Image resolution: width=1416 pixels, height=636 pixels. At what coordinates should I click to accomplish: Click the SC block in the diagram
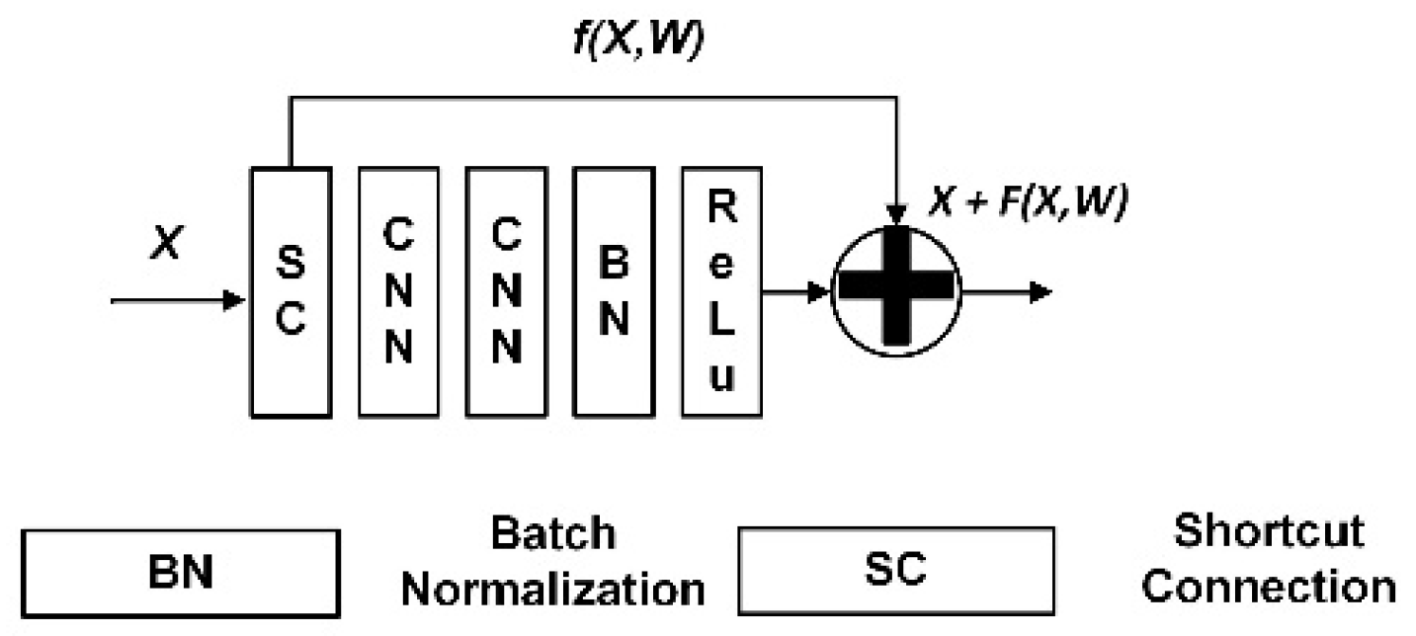pos(290,291)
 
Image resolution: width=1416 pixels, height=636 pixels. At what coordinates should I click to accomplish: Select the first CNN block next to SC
pos(397,291)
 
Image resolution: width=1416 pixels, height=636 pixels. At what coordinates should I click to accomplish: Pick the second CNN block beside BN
pos(505,291)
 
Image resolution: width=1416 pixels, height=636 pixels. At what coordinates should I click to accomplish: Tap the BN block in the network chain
pos(613,291)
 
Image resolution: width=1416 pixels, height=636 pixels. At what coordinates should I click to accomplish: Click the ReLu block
pos(721,291)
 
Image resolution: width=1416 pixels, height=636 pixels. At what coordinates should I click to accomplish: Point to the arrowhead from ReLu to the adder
pos(820,291)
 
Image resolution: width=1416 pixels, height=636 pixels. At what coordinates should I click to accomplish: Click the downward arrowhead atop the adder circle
pos(895,214)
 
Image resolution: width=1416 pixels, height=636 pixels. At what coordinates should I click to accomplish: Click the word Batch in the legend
pos(552,534)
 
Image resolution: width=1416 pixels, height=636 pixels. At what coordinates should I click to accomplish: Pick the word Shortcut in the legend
pos(1270,532)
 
